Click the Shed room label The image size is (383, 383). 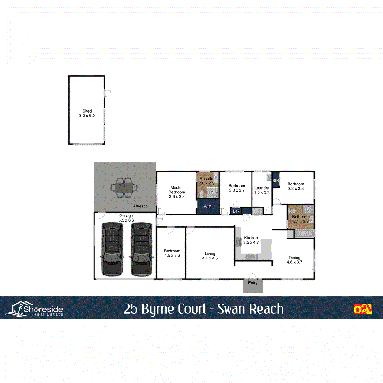point(87,111)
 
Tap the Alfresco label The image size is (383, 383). point(140,206)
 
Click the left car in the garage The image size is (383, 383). point(112,249)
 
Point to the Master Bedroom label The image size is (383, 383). point(177,190)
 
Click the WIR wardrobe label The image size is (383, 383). point(208,207)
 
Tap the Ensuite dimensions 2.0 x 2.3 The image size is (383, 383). point(207,183)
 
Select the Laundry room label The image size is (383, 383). point(262,188)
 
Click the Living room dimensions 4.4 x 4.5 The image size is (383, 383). point(210,258)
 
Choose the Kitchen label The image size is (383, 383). point(251,238)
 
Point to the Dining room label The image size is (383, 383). point(295,258)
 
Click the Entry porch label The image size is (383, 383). point(253,283)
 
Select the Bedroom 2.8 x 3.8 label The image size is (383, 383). point(296,184)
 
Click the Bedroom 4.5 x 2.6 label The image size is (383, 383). point(172,251)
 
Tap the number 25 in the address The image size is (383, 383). point(131,309)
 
